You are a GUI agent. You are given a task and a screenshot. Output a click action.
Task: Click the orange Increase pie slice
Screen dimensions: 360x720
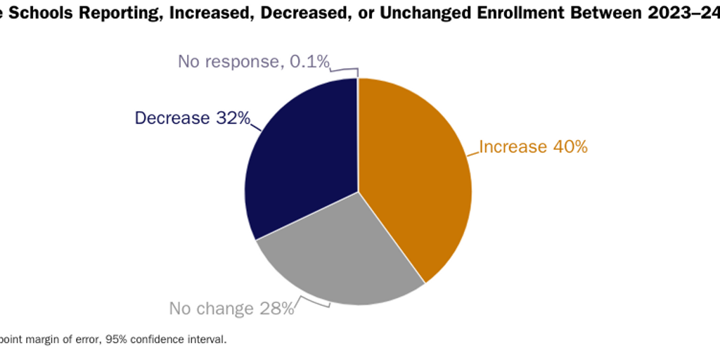click(415, 176)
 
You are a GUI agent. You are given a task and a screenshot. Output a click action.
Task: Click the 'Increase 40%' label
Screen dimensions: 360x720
click(533, 147)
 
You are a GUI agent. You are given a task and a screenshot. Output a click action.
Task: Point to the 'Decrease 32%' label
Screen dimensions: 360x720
click(192, 118)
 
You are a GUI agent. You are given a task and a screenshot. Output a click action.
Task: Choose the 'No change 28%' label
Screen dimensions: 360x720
click(231, 309)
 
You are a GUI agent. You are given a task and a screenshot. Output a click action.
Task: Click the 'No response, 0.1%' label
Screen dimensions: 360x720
click(253, 62)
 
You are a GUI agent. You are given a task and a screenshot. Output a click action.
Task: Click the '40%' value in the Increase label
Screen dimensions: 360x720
click(570, 147)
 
